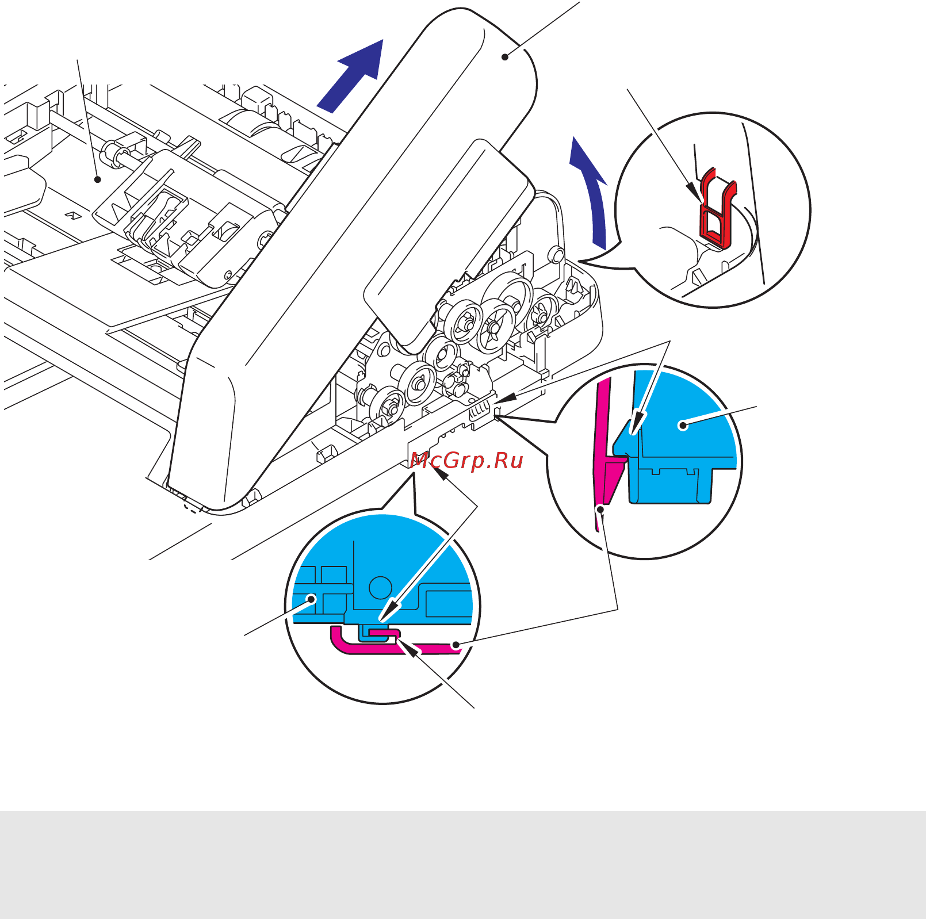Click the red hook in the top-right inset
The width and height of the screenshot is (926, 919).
(x=717, y=210)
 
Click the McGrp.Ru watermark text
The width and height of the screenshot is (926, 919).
(x=466, y=461)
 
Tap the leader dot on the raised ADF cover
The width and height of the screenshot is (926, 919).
(x=505, y=56)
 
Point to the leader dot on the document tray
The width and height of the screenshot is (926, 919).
(x=98, y=179)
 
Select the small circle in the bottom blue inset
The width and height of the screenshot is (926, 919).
(x=380, y=587)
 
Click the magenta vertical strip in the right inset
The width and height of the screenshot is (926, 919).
(x=602, y=437)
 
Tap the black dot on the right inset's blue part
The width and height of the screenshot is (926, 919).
(x=683, y=426)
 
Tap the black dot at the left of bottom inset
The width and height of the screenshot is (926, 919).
(x=312, y=599)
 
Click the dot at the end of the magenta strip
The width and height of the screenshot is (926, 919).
(x=455, y=645)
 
